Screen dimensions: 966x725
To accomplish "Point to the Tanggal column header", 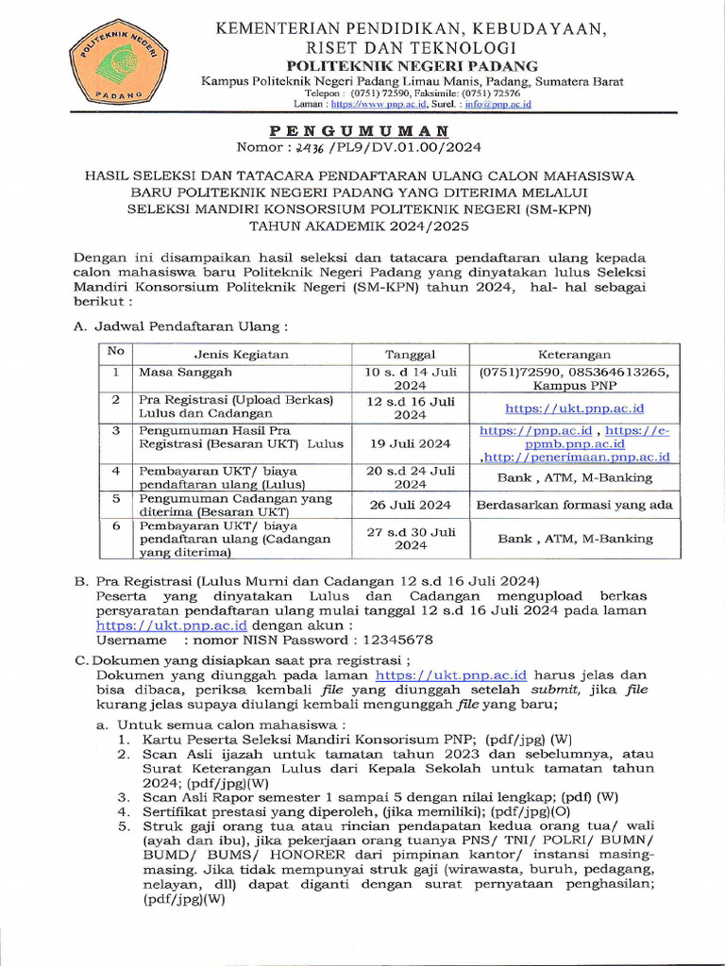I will pyautogui.click(x=410, y=354).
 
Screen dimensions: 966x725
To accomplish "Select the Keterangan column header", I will pyautogui.click(x=574, y=354).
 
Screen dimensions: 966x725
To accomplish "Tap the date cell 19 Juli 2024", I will pyautogui.click(x=410, y=441).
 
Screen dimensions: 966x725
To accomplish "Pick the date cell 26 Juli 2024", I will pyautogui.click(x=410, y=505).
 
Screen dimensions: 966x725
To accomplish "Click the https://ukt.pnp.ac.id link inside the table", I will pyautogui.click(x=574, y=408).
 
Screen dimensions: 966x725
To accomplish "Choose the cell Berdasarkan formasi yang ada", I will pyautogui.click(x=574, y=505).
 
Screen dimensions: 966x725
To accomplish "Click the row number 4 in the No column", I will pyautogui.click(x=116, y=470).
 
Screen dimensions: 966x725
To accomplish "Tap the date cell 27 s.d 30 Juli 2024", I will pyautogui.click(x=410, y=538).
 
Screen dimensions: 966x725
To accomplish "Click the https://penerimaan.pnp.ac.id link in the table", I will pyautogui.click(x=578, y=457).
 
